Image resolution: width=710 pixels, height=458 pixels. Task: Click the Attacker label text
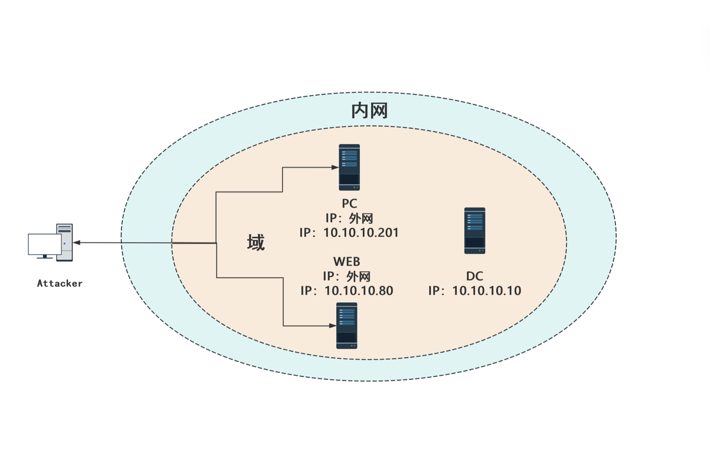60,284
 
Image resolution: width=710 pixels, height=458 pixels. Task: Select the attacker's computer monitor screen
45,244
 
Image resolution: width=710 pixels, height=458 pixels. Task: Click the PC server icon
349,167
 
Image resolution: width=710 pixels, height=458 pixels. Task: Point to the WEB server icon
346,325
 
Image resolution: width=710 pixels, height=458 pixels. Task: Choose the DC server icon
474,230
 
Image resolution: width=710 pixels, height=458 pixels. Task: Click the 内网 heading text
369,111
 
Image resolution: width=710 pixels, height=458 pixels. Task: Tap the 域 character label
256,243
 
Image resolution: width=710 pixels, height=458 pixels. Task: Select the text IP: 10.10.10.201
349,233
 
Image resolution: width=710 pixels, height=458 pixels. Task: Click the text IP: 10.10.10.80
347,291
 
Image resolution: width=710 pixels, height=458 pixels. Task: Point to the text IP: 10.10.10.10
474,291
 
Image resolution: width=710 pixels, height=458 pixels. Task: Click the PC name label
349,203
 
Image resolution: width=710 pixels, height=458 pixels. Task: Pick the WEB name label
346,262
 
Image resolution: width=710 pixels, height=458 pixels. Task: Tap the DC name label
474,276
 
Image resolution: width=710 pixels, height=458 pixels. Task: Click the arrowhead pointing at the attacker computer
77,243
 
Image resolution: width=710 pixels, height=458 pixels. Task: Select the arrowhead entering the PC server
335,167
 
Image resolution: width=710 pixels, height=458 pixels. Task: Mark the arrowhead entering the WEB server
332,326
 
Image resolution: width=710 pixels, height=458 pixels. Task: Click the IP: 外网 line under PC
349,218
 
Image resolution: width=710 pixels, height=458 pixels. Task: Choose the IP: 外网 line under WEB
347,276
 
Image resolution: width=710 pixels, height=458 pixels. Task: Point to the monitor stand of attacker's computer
45,256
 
